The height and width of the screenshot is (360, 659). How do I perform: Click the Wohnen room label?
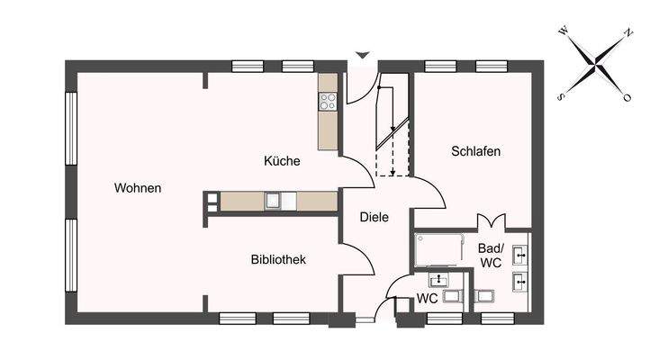click(138, 188)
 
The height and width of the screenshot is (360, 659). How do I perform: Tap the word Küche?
click(282, 161)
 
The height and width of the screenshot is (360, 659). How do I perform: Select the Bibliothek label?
click(278, 259)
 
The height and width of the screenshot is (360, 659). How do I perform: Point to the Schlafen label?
click(475, 151)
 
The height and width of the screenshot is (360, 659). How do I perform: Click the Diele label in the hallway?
click(374, 217)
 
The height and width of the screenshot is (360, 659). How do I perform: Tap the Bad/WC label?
click(491, 255)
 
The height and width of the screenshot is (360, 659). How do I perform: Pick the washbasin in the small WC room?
click(438, 280)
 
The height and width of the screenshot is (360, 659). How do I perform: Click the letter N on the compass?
click(628, 33)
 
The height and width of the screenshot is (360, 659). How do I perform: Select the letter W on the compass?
click(564, 30)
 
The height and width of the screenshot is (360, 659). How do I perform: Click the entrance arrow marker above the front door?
click(361, 56)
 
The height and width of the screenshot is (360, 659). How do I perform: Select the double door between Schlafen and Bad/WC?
click(489, 221)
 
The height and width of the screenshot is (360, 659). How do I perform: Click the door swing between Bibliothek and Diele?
click(358, 259)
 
